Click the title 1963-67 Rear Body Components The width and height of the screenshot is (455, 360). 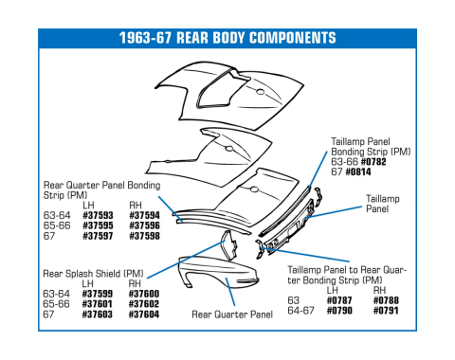(227, 39)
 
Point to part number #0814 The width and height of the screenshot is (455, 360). (358, 171)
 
